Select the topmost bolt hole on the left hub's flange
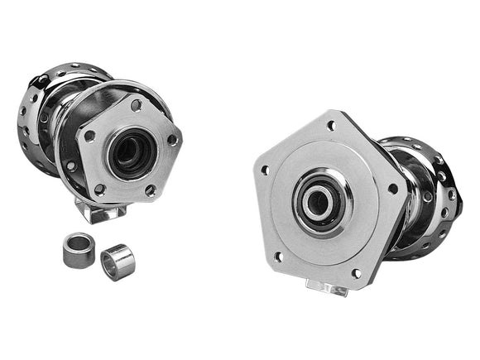pyautogui.click(x=136, y=105)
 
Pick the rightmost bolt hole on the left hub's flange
pyautogui.click(x=172, y=140)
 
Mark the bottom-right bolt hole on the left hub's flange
pyautogui.click(x=151, y=190)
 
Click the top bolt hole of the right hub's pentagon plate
pyautogui.click(x=330, y=126)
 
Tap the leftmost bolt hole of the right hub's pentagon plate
pyautogui.click(x=265, y=170)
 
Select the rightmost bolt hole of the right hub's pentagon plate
pyautogui.click(x=392, y=189)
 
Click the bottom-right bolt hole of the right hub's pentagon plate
pyautogui.click(x=356, y=272)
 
